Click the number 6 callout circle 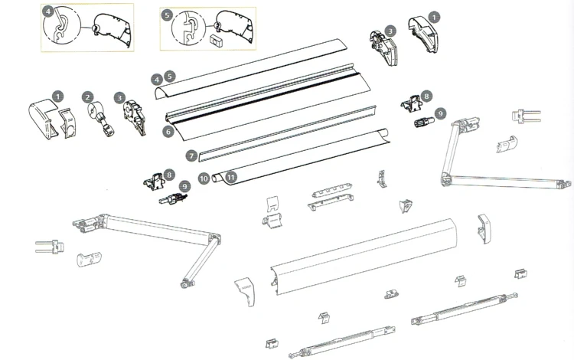(x=168, y=132)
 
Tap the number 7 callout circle (x=191, y=156)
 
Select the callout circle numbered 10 (x=204, y=178)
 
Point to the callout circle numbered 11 (x=231, y=178)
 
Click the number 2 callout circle (x=87, y=97)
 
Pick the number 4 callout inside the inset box (x=48, y=11)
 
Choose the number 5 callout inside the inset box (x=167, y=15)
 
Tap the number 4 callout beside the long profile (x=157, y=80)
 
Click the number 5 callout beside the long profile (x=170, y=76)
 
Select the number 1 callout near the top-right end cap (x=434, y=17)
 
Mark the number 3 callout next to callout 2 (x=119, y=98)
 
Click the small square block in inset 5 (x=216, y=40)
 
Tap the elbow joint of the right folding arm (x=446, y=178)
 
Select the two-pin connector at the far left (x=50, y=246)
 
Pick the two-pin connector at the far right (x=526, y=116)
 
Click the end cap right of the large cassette (x=484, y=229)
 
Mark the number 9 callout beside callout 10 (x=184, y=187)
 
